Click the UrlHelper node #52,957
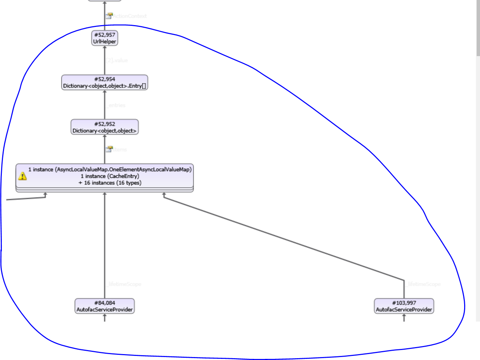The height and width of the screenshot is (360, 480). click(x=105, y=38)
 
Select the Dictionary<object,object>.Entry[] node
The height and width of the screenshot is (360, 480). click(x=105, y=83)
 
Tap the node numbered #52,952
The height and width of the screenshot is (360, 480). click(x=105, y=127)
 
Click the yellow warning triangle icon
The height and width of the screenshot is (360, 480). click(x=23, y=176)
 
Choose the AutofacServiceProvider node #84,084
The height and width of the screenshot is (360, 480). click(x=105, y=306)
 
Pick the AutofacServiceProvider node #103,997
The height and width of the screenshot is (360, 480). click(x=404, y=306)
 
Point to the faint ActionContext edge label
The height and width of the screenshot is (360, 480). click(x=129, y=16)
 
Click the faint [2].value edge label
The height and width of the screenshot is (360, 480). click(x=117, y=60)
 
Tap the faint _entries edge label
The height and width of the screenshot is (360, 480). click(x=116, y=105)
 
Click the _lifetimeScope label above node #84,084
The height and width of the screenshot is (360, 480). click(x=124, y=284)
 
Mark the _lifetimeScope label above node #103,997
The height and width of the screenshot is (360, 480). click(x=423, y=284)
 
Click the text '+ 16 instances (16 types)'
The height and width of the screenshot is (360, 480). click(x=110, y=183)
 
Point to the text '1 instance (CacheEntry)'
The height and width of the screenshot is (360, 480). click(x=110, y=176)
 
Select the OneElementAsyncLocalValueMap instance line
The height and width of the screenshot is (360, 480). click(x=110, y=169)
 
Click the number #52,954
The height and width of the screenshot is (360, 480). click(x=105, y=79)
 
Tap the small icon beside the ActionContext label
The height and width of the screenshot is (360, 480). click(x=109, y=16)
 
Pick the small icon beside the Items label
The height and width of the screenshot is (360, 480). click(x=109, y=149)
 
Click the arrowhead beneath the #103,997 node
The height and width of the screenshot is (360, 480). click(x=404, y=316)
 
